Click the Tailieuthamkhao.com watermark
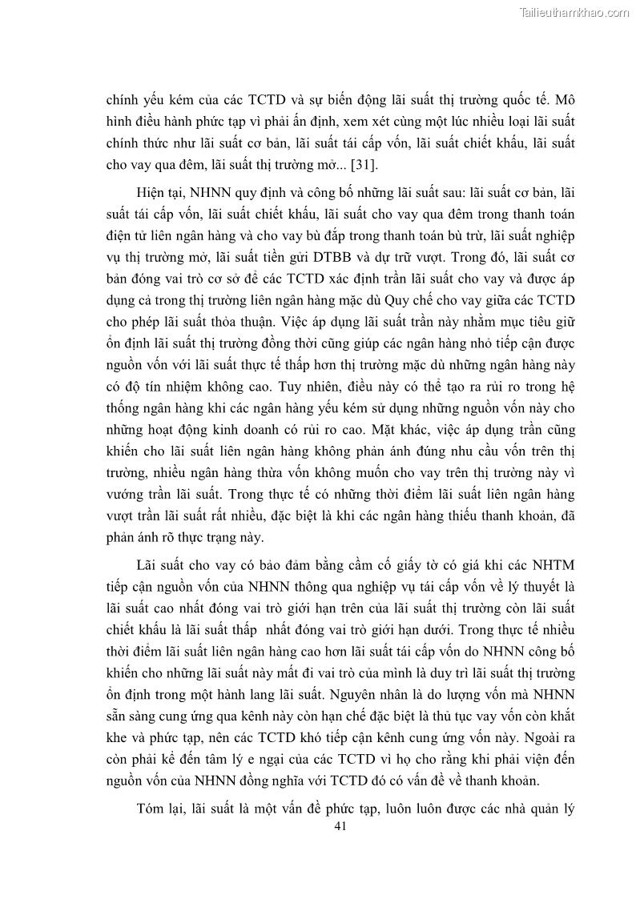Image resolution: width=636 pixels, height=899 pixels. tap(574, 12)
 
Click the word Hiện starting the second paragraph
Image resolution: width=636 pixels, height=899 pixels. tap(154, 195)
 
